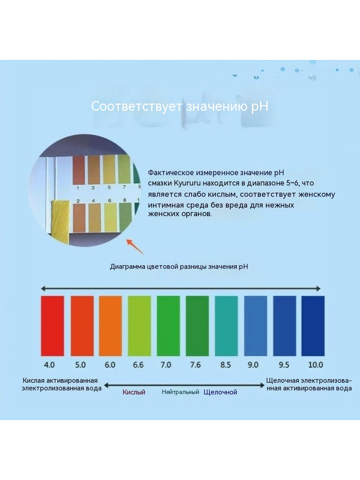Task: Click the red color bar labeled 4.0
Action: [52, 326]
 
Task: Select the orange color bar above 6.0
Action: [110, 326]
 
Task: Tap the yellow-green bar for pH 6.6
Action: [139, 326]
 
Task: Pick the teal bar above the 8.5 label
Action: [226, 326]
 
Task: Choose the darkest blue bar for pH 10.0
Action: [313, 326]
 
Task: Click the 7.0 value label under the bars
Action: [166, 365]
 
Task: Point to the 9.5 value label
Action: [284, 365]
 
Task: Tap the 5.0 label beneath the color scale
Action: [81, 365]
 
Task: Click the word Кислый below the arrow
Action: [134, 392]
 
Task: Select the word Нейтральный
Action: [180, 392]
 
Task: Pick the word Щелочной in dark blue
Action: [220, 392]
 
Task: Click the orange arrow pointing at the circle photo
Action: [135, 247]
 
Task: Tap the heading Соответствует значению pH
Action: [180, 106]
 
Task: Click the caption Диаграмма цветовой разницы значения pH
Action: [179, 267]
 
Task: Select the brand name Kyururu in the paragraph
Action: [187, 183]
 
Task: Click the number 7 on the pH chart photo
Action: [124, 187]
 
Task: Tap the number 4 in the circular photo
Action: [93, 201]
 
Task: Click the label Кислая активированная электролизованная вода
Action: [62, 385]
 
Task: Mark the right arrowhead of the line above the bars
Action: [319, 288]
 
